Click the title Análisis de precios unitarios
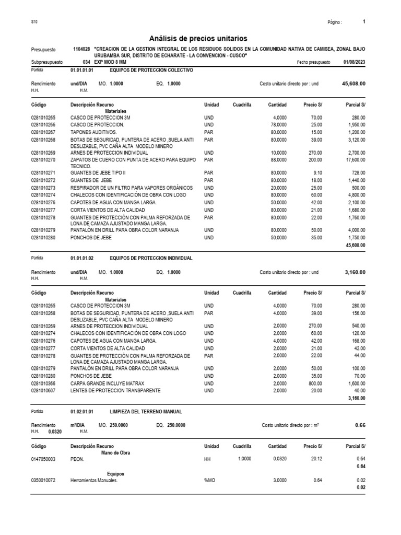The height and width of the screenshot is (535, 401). [198, 39]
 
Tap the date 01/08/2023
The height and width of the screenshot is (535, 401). [355, 62]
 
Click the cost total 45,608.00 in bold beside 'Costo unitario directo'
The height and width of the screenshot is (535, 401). [353, 84]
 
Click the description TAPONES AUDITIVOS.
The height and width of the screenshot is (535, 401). [94, 133]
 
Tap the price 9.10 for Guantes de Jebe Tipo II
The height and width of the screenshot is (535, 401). [316, 173]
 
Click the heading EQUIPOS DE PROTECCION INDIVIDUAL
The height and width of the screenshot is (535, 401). [151, 258]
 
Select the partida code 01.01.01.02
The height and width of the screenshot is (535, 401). [81, 258]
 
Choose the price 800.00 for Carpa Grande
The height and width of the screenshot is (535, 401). [314, 383]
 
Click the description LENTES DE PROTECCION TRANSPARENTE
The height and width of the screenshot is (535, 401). [115, 390]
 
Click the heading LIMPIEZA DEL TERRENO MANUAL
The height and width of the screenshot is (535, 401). [146, 412]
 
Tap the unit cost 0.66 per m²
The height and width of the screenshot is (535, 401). [360, 425]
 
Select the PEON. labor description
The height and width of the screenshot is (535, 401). [79, 459]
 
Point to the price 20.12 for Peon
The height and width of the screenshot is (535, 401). [315, 459]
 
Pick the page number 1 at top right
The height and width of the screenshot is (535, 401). [363, 22]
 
